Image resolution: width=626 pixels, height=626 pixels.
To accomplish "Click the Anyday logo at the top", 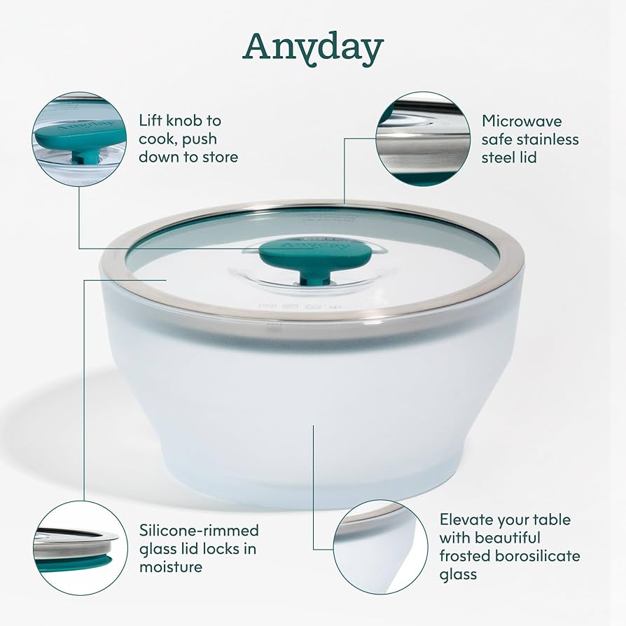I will [x=313, y=48].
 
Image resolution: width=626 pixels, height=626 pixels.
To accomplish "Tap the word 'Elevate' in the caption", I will [x=467, y=520].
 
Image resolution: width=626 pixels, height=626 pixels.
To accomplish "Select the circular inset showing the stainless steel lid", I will [x=423, y=139].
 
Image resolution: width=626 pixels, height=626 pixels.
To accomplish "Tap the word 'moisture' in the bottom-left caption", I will [x=171, y=566].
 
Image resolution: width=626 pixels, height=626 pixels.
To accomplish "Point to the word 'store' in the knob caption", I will [x=219, y=157].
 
